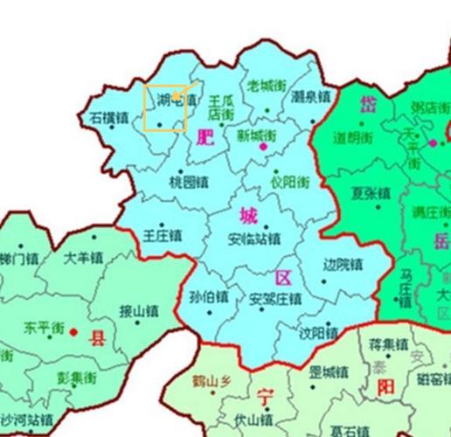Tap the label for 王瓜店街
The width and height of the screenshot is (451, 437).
pos(221,108)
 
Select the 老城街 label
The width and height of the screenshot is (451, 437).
pos(267,86)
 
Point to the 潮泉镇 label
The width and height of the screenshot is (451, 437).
pos(310,95)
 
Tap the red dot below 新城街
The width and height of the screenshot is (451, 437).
pos(262,148)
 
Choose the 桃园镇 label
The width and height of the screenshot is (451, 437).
pos(188,183)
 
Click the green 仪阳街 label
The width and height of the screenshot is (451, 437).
pos(289,183)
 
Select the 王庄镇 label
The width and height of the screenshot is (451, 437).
pos(163,235)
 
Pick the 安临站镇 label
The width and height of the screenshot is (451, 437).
pos(253,239)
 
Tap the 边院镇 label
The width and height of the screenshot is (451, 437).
pos(342,264)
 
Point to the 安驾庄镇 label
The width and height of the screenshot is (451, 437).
pos(275,299)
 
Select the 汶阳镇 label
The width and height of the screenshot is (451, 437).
pos(318,333)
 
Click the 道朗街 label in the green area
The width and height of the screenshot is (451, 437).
pos(353,137)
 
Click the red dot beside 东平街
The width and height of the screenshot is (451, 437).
pos(73,332)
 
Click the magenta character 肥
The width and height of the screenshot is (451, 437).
pos(205,137)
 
